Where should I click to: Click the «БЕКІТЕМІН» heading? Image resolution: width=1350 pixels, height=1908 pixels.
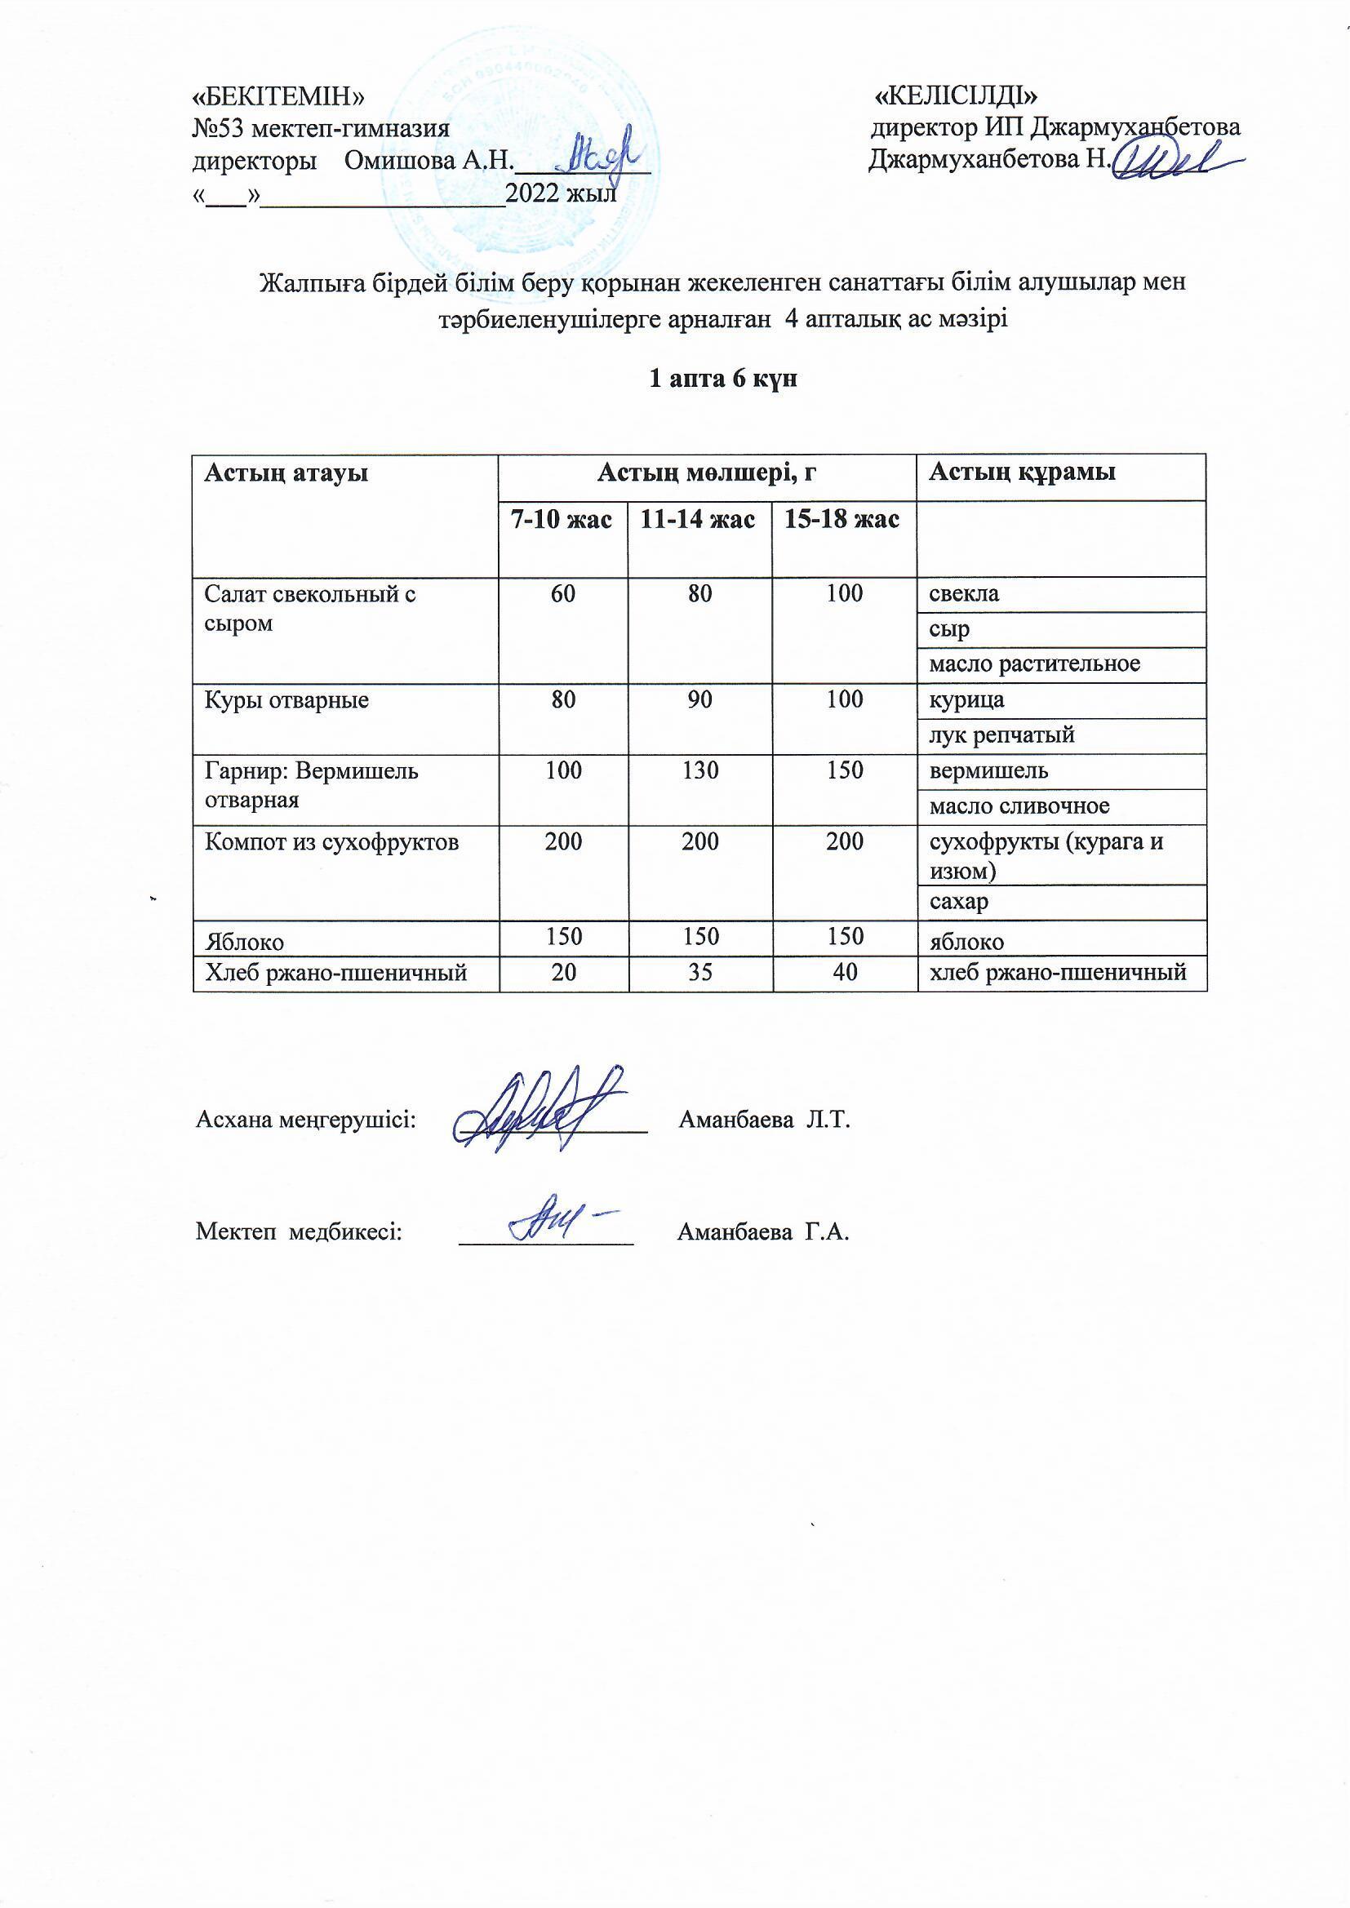point(278,96)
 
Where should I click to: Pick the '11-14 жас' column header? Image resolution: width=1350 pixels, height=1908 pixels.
point(699,520)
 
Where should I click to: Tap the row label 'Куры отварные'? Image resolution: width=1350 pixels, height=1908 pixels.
point(286,699)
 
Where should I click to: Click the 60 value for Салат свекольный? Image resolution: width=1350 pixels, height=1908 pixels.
point(563,594)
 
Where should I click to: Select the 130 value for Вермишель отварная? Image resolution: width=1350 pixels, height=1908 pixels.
point(700,770)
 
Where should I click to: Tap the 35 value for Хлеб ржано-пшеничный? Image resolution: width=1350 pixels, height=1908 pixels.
point(700,971)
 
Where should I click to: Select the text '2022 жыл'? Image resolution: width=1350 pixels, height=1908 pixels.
point(561,193)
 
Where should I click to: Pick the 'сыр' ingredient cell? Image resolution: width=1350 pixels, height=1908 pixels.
point(949,630)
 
